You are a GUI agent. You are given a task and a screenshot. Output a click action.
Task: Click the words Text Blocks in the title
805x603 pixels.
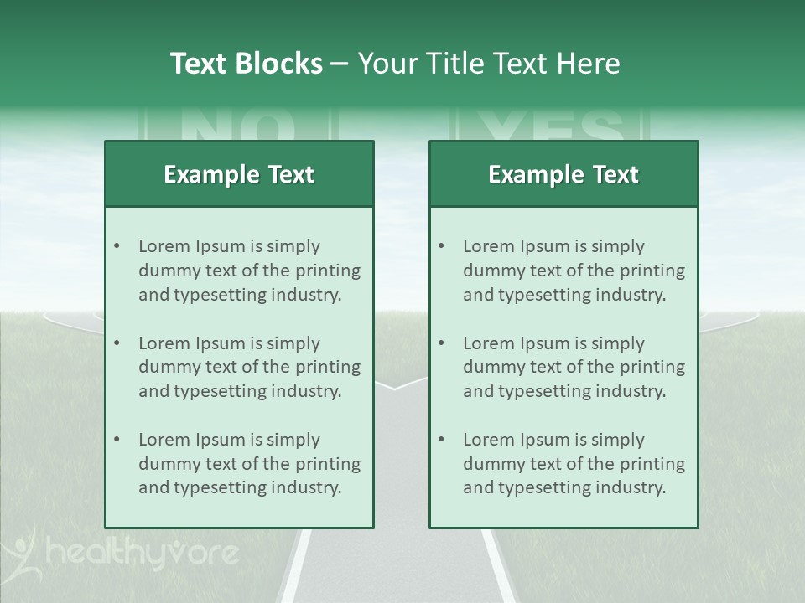(x=247, y=64)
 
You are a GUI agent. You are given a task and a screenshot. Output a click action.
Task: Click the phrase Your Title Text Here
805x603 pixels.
(x=489, y=64)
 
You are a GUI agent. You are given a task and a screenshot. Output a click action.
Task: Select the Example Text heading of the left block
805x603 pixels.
(x=239, y=174)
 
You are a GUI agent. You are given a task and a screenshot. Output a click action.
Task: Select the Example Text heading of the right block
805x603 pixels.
(x=563, y=174)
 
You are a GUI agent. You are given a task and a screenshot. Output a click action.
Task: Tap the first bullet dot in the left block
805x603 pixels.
(x=117, y=246)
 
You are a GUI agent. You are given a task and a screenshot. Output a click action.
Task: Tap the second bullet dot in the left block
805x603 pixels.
(x=117, y=343)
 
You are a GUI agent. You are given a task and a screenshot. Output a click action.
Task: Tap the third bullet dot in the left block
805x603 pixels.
(x=117, y=440)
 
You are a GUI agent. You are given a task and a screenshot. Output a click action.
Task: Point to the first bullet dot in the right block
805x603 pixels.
(x=441, y=246)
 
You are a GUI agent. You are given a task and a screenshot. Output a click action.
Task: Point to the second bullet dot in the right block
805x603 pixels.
(x=441, y=343)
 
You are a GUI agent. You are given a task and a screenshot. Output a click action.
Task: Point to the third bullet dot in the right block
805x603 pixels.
(x=441, y=440)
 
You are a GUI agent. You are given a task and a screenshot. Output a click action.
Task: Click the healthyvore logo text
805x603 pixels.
(x=143, y=554)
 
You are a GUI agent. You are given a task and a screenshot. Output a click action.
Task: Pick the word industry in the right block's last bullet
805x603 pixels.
(x=630, y=487)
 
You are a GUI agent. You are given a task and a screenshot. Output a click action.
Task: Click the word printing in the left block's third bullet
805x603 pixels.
(x=329, y=464)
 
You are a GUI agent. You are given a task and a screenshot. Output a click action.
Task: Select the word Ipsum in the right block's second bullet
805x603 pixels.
(x=545, y=343)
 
